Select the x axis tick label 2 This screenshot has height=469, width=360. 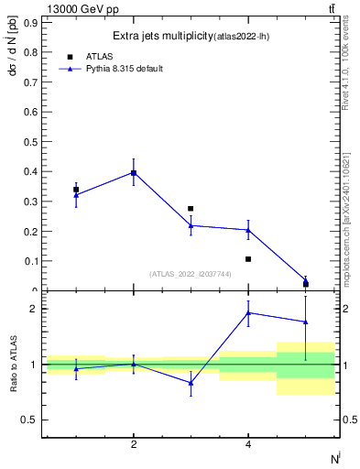pos(134,444)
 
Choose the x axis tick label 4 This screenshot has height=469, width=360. pos(248,444)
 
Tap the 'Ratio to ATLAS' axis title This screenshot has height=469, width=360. pos(12,363)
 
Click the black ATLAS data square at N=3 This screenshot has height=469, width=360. pos(191,209)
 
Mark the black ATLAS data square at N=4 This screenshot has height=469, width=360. pos(248,259)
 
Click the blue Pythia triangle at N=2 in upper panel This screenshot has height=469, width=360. pos(134,171)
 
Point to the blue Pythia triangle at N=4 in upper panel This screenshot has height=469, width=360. pos(248,230)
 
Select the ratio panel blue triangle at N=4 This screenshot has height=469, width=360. pos(248,312)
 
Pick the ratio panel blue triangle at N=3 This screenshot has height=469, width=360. pos(191,383)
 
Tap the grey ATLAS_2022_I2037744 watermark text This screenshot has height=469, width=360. pos(191,274)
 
